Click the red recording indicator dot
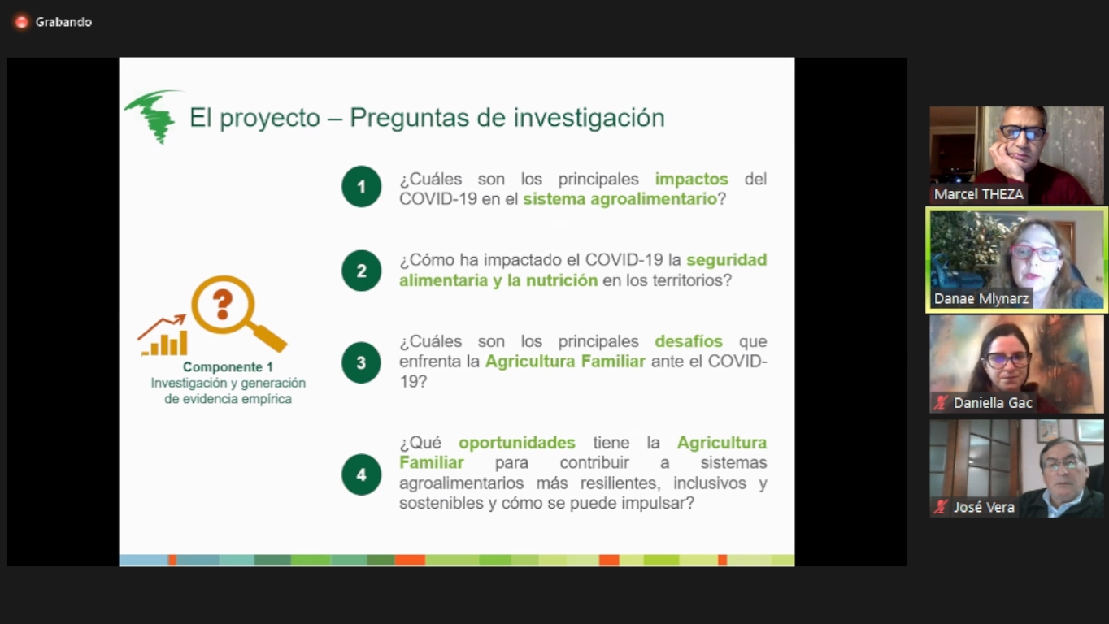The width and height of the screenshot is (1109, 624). [x=21, y=22]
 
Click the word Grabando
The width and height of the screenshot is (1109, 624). [x=63, y=22]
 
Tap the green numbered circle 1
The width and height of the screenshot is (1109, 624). [x=362, y=187]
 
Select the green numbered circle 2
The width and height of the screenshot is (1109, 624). [x=362, y=271]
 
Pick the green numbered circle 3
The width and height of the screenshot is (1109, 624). [x=362, y=362]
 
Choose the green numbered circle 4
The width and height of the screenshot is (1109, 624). [x=362, y=474]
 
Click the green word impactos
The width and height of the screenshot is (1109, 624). [x=692, y=179]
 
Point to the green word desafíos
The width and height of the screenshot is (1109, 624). [x=689, y=341]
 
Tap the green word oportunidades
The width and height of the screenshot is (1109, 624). [x=517, y=443]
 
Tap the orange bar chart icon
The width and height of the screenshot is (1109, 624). [x=163, y=336]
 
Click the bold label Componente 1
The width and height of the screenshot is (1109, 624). [x=228, y=367]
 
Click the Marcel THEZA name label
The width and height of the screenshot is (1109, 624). [x=978, y=194]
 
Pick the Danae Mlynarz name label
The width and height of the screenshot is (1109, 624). [x=981, y=299]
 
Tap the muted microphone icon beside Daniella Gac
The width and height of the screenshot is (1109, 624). [x=941, y=403]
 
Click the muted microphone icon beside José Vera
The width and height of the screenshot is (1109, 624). [x=941, y=507]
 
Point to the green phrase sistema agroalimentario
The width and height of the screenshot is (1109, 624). [x=620, y=199]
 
